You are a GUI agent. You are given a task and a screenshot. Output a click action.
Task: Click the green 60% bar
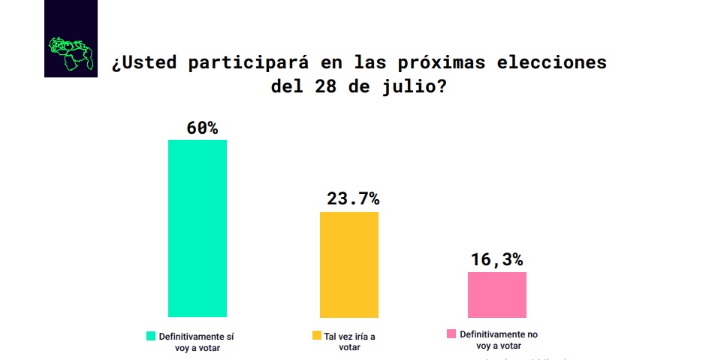tap(197, 228)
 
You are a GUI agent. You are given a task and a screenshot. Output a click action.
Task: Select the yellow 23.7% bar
tap(349, 265)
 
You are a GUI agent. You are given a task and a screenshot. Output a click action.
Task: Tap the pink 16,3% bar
tap(496, 295)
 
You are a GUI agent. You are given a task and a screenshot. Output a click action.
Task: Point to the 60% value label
tap(202, 128)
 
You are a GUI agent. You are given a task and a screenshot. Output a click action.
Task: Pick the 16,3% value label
tap(496, 259)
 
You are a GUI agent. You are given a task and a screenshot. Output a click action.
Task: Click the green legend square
tap(150, 336)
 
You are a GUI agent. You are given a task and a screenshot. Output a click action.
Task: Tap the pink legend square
tap(451, 334)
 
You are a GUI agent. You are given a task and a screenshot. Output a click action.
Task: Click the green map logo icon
tap(71, 53)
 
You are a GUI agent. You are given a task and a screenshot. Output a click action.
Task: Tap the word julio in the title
tap(409, 86)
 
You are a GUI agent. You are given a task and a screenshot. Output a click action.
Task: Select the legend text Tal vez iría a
tap(349, 336)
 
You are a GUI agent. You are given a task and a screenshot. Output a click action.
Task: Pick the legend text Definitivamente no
tap(499, 334)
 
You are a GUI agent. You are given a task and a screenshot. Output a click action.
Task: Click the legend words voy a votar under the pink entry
tap(499, 346)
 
